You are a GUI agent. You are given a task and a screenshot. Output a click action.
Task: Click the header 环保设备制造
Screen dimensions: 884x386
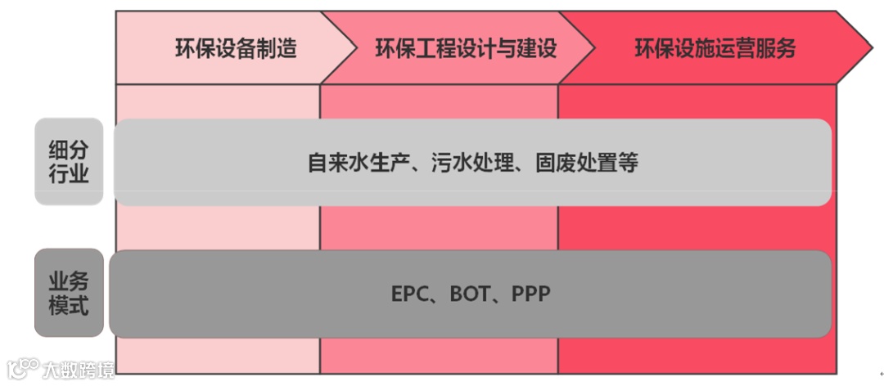(235, 48)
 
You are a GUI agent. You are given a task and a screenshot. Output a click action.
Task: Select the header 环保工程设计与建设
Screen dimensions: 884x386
(465, 48)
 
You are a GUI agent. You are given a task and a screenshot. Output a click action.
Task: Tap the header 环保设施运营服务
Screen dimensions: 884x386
(715, 48)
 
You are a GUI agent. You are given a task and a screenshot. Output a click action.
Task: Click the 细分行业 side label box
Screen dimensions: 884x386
(69, 162)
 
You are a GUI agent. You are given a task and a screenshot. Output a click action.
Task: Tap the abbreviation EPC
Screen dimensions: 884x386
(410, 294)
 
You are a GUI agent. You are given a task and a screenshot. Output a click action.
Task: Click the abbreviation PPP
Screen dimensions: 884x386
(530, 294)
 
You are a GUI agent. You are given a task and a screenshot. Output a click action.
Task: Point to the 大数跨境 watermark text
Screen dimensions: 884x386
(79, 369)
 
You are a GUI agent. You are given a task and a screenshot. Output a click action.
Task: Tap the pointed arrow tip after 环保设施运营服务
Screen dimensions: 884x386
(868, 47)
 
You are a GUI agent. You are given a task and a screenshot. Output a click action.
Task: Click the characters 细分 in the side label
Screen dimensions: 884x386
(69, 150)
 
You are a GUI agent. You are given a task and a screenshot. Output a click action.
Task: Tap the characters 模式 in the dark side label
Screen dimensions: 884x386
(69, 307)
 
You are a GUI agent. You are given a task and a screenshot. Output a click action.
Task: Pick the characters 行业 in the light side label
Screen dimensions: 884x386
(69, 175)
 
